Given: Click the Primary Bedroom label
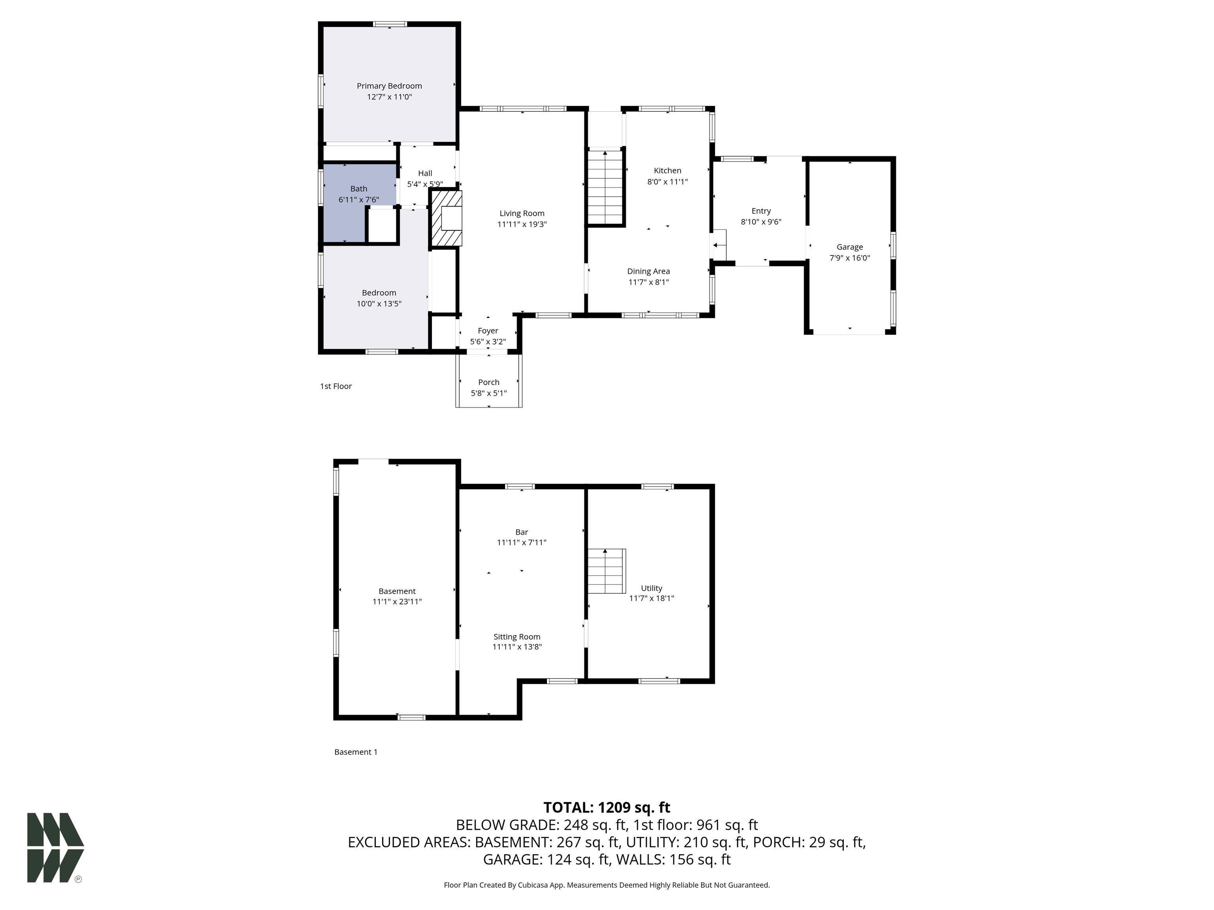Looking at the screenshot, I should pyautogui.click(x=389, y=86).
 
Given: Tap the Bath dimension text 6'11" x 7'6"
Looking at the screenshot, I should pyautogui.click(x=358, y=200).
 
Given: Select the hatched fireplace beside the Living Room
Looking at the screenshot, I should pyautogui.click(x=446, y=218).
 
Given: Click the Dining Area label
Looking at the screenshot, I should pyautogui.click(x=648, y=271).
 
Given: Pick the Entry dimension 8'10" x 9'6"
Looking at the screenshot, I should pyautogui.click(x=761, y=222).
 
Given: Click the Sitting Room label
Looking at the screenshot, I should pyautogui.click(x=517, y=637).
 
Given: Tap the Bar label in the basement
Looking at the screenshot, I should pyautogui.click(x=521, y=532).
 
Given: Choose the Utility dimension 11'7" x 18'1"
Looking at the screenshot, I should pyautogui.click(x=651, y=598).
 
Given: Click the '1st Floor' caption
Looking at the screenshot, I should pyautogui.click(x=336, y=386).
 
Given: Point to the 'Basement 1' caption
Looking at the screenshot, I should pyautogui.click(x=356, y=752).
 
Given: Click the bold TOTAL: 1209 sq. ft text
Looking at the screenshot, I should pyautogui.click(x=607, y=807).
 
